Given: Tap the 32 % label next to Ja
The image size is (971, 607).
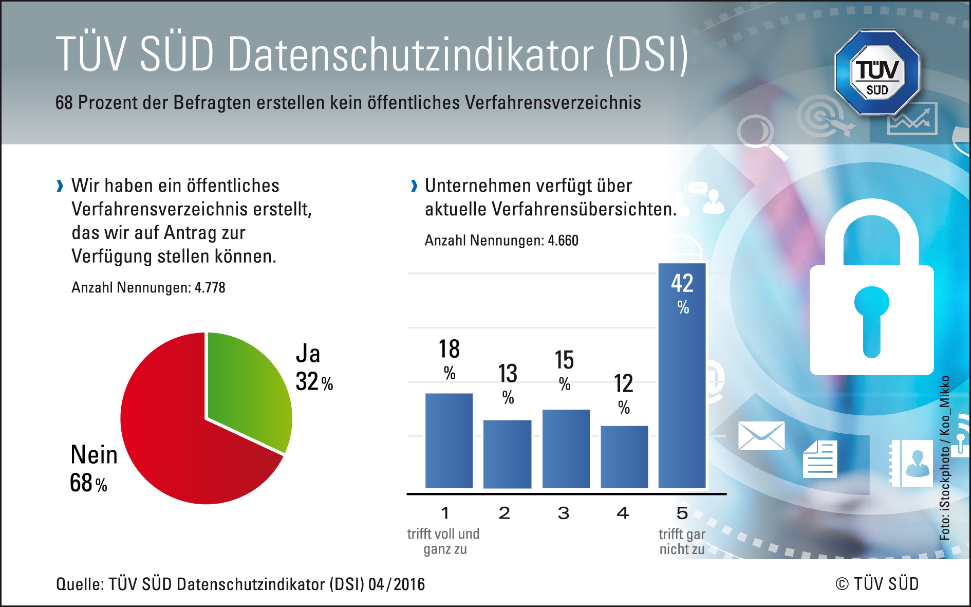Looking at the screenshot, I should tap(314, 382).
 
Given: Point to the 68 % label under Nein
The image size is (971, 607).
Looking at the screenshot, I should tap(88, 483).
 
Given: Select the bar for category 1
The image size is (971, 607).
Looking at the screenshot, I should tap(449, 440).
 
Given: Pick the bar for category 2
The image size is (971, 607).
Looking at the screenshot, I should tap(507, 454).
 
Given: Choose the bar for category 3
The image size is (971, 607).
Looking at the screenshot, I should tap(566, 449).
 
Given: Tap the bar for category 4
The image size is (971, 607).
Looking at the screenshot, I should tap(624, 456).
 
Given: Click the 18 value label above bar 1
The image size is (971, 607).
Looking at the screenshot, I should tap(449, 350).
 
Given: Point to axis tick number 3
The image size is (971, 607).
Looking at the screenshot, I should tap(564, 513).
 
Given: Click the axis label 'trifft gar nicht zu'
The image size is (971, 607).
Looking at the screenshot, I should tap(682, 542).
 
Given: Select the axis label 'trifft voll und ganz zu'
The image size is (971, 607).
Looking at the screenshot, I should tap(444, 542).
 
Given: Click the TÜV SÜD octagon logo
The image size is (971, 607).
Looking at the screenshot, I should tap(877, 72).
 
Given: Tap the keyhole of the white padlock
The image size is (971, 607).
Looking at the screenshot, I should tap(871, 319).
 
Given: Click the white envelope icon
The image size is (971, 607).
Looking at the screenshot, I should tap(761, 436).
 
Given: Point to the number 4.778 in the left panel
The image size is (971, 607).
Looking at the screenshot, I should tap(210, 288).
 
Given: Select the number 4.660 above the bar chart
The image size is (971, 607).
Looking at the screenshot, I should tap(563, 241).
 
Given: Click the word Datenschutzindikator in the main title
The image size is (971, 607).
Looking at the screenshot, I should tap(411, 54).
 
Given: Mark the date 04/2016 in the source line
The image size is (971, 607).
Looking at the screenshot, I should tap(397, 584).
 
